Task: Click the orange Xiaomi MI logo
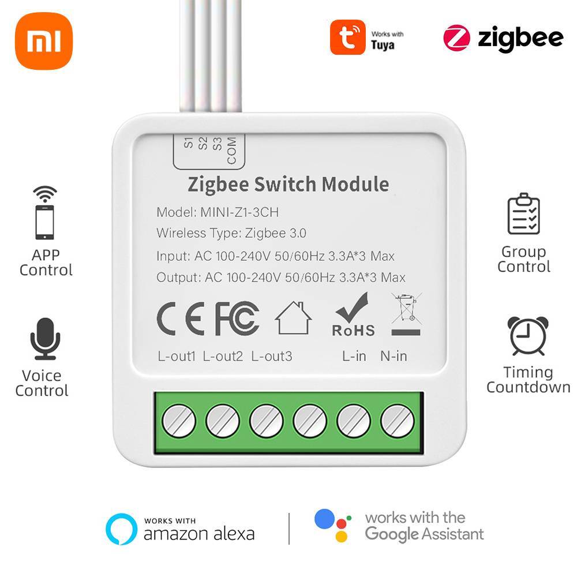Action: coord(44,41)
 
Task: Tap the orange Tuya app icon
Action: coord(347,38)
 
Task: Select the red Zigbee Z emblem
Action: coord(457,38)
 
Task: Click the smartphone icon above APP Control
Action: coord(44,221)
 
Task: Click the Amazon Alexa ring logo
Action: coord(121,529)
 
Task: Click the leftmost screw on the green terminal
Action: coord(178,421)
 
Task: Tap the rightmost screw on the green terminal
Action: coord(398,421)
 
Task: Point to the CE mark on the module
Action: coord(181,318)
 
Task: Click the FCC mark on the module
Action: coord(237,318)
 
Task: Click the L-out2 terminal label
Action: coord(223,356)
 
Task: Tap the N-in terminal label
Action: coord(394,356)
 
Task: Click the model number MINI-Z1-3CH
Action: coord(239,212)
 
